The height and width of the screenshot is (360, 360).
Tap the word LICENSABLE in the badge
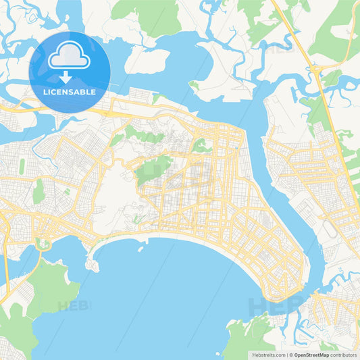pyautogui.click(x=69, y=92)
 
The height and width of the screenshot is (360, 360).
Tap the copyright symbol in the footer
pyautogui.click(x=291, y=354)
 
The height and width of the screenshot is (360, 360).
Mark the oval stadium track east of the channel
pyautogui.click(x=330, y=230)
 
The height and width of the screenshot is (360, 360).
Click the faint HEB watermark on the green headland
pyautogui.click(x=73, y=305)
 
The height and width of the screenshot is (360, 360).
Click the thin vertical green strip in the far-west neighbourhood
pyautogui.click(x=22, y=165)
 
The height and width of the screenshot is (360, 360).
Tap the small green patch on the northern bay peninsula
pyautogui.click(x=194, y=85)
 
